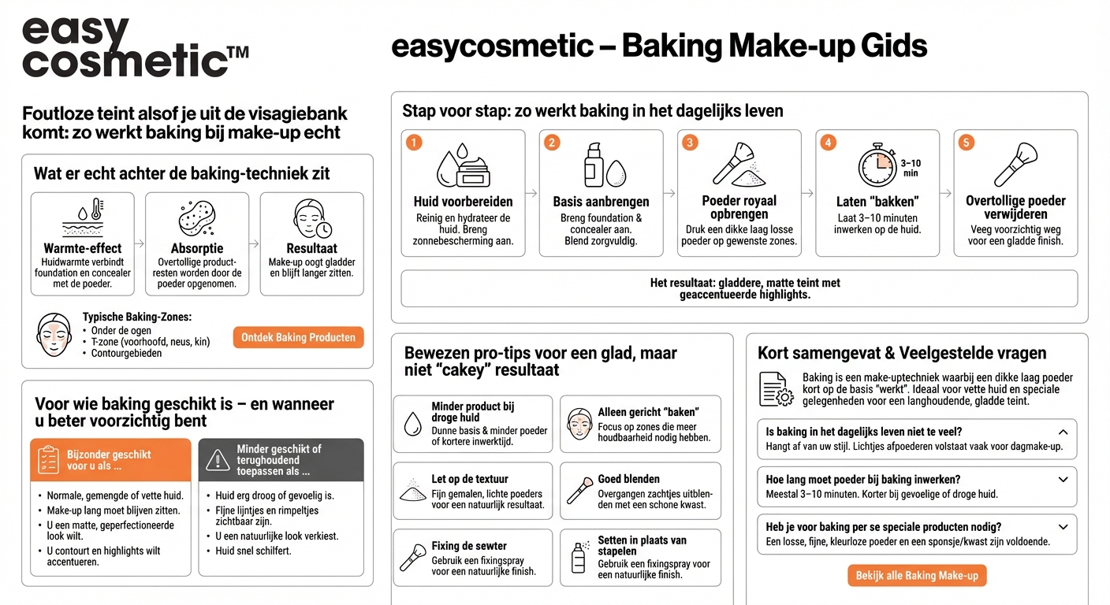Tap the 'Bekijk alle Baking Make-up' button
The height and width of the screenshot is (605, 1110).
(917, 576)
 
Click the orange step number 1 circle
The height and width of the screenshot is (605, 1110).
(415, 143)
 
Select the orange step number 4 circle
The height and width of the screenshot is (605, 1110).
(828, 143)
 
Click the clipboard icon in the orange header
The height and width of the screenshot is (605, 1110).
(50, 460)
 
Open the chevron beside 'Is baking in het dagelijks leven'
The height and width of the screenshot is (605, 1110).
(1063, 432)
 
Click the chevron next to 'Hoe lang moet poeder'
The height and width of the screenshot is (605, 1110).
(1063, 479)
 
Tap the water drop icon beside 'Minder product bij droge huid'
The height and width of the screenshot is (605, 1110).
(412, 425)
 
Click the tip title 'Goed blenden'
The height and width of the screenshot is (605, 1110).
(628, 479)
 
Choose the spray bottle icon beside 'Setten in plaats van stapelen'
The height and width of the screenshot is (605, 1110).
(579, 557)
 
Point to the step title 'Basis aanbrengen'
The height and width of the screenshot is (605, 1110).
(601, 202)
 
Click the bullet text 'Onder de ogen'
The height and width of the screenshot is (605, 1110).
(121, 331)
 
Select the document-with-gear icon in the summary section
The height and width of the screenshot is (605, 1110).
(775, 389)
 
